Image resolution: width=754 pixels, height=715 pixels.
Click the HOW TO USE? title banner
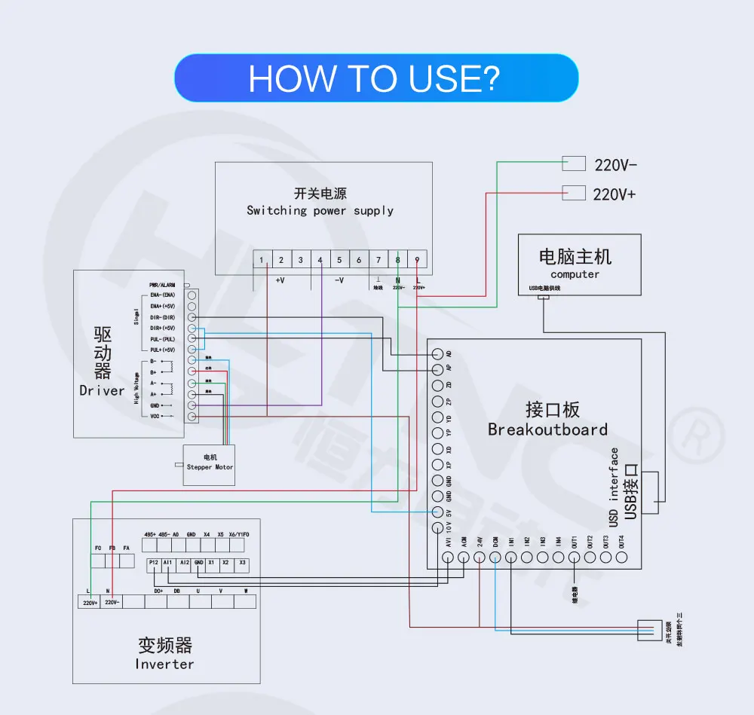pyautogui.click(x=376, y=78)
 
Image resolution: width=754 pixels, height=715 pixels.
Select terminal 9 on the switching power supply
pyautogui.click(x=417, y=260)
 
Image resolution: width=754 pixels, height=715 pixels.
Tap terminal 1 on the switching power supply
pyautogui.click(x=262, y=260)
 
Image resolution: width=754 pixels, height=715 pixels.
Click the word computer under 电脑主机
pyautogui.click(x=575, y=274)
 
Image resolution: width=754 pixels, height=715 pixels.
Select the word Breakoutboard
pyautogui.click(x=547, y=429)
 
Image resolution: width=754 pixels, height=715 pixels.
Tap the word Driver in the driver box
pyautogui.click(x=102, y=390)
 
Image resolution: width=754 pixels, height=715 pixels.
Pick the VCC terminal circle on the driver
pyautogui.click(x=192, y=416)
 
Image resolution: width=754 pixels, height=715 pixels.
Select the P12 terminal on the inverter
pyautogui.click(x=153, y=563)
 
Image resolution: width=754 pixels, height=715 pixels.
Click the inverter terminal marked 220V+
pyautogui.click(x=90, y=602)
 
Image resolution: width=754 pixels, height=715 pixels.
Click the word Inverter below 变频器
pyautogui.click(x=164, y=664)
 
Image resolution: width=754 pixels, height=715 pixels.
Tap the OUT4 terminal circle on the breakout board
pyautogui.click(x=621, y=558)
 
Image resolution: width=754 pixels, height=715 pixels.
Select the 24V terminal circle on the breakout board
pyautogui.click(x=480, y=558)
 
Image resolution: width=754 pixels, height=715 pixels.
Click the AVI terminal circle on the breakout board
pyautogui.click(x=448, y=558)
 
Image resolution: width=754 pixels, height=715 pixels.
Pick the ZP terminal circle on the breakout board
pyautogui.click(x=437, y=401)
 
